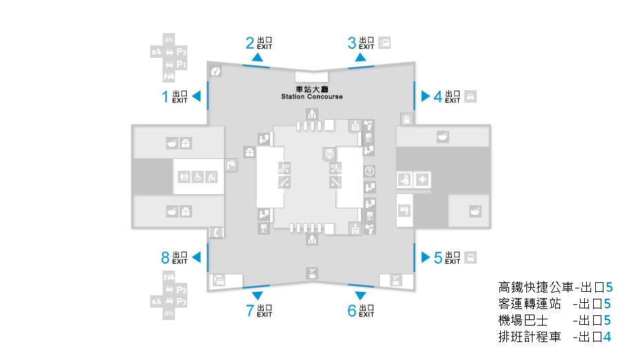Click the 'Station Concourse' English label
click(x=311, y=96)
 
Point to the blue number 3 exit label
click(x=352, y=43)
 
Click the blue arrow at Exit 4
click(x=426, y=96)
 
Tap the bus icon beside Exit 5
click(x=470, y=258)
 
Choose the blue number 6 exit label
click(x=352, y=311)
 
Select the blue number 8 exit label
click(x=165, y=258)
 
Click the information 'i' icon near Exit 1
click(x=215, y=72)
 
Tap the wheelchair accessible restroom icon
click(x=197, y=176)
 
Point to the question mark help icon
click(x=369, y=171)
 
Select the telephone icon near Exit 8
click(x=216, y=233)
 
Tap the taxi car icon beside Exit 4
click(x=470, y=96)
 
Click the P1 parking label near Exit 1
click(x=182, y=64)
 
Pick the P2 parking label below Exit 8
click(x=182, y=290)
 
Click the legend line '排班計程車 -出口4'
click(x=555, y=337)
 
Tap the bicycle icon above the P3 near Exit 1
click(x=169, y=39)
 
